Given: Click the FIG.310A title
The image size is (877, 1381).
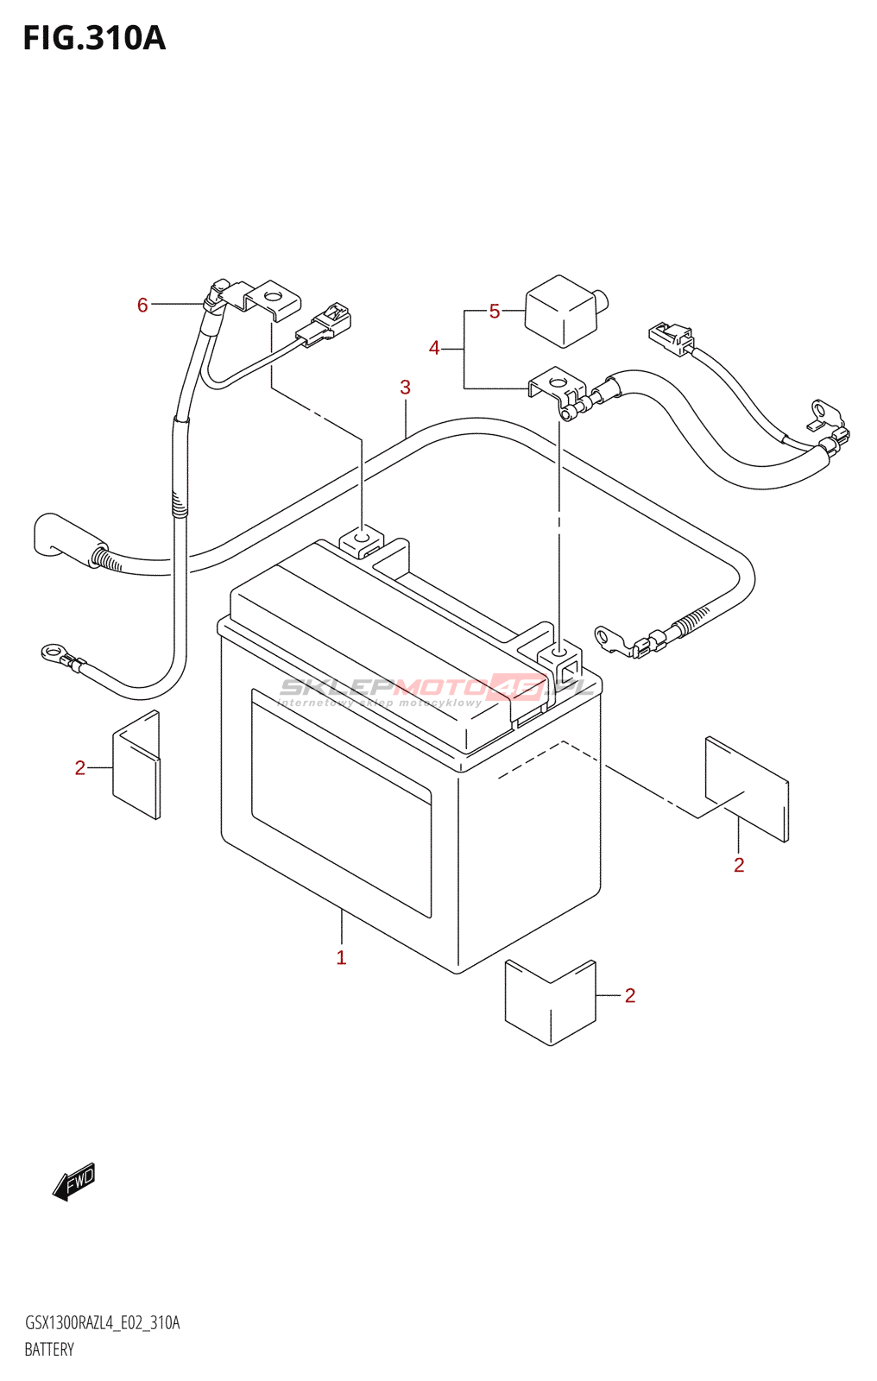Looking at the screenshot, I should pyautogui.click(x=93, y=39).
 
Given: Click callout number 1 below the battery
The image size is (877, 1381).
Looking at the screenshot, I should pyautogui.click(x=341, y=957).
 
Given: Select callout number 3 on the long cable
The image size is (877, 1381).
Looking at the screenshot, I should pyautogui.click(x=405, y=388).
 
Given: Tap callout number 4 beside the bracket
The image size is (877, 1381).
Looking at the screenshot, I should pyautogui.click(x=434, y=348).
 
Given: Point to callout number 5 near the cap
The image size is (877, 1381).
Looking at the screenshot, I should pyautogui.click(x=495, y=311).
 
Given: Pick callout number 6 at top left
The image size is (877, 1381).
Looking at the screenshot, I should pyautogui.click(x=142, y=305).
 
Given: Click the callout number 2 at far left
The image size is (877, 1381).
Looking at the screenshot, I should pyautogui.click(x=80, y=767).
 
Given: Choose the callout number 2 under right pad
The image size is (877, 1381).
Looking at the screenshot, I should pyautogui.click(x=739, y=865).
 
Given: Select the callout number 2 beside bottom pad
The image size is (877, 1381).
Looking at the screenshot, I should pyautogui.click(x=630, y=995).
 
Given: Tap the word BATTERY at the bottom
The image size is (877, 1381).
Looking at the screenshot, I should pyautogui.click(x=49, y=1350).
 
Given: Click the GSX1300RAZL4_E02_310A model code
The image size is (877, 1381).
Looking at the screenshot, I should pyautogui.click(x=102, y=1323).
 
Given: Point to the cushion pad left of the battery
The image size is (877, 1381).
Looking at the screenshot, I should pyautogui.click(x=136, y=765).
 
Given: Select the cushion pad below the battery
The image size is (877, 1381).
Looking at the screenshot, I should pyautogui.click(x=551, y=1001).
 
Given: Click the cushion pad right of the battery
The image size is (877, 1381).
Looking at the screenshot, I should pyautogui.click(x=747, y=787).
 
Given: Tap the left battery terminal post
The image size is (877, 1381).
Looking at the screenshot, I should pyautogui.click(x=363, y=541).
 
